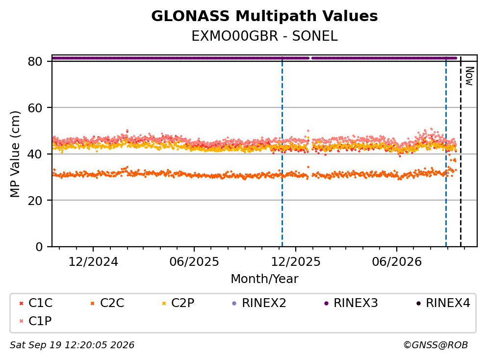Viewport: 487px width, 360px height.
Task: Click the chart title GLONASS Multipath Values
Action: click(264, 16)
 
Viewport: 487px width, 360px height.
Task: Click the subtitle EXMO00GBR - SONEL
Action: click(264, 36)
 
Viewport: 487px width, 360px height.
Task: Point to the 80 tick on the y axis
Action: click(35, 61)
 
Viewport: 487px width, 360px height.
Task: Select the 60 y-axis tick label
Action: click(35, 108)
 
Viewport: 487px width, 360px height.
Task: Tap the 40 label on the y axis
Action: click(35, 154)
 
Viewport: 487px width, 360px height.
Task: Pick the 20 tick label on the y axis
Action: click(35, 200)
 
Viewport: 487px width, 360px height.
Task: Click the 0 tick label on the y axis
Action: click(39, 247)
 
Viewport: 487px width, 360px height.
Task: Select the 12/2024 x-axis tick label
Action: click(93, 262)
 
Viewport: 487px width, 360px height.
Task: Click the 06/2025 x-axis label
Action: click(194, 262)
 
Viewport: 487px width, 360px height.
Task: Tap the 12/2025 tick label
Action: click(296, 262)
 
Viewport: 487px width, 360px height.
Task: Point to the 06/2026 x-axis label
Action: click(397, 262)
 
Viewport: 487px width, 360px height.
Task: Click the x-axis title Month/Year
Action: click(264, 279)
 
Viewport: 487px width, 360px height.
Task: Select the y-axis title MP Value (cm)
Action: click(15, 154)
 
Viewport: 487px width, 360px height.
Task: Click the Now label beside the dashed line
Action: click(469, 76)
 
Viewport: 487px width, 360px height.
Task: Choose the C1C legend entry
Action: click(36, 303)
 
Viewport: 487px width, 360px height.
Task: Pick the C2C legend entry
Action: click(107, 303)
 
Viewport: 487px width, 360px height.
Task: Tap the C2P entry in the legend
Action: click(179, 303)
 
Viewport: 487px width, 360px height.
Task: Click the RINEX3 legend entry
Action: click(351, 303)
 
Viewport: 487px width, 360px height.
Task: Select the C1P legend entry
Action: click(35, 321)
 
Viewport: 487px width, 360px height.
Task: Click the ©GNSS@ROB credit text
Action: click(436, 345)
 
